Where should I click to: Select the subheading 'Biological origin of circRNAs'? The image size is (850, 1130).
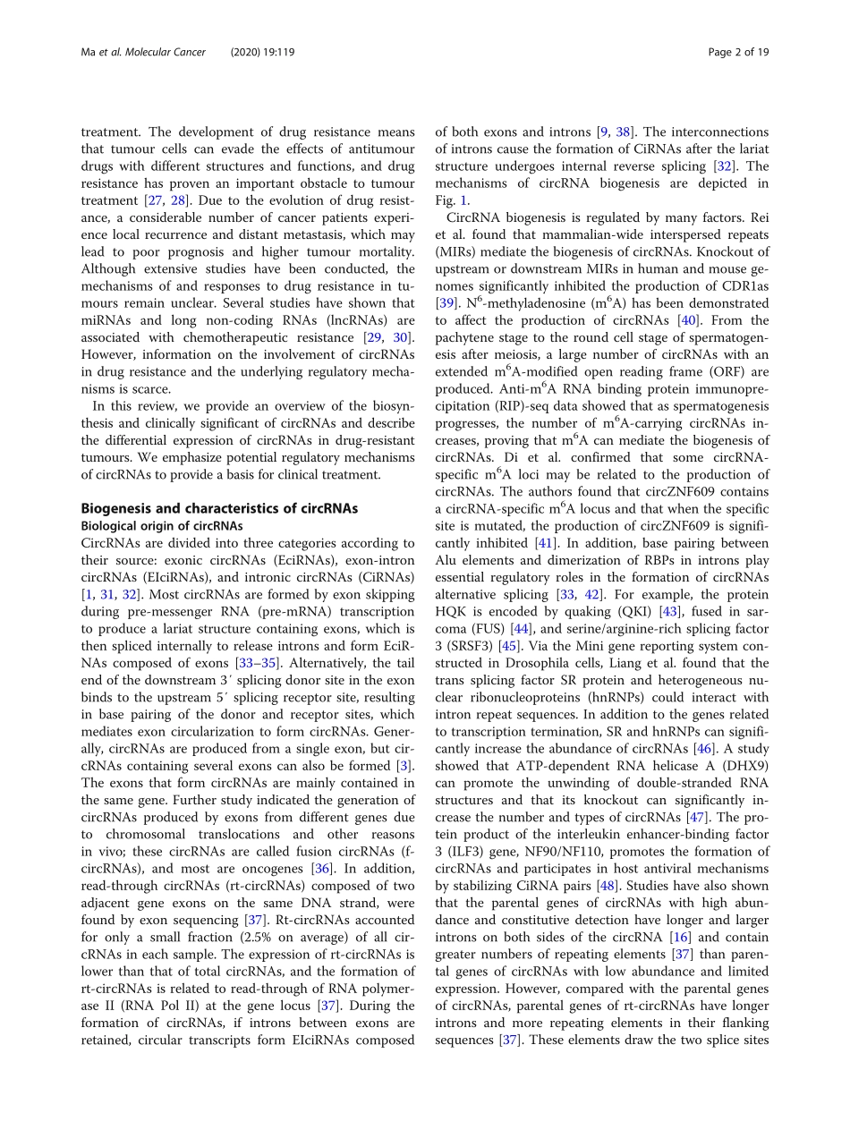(x=161, y=525)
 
